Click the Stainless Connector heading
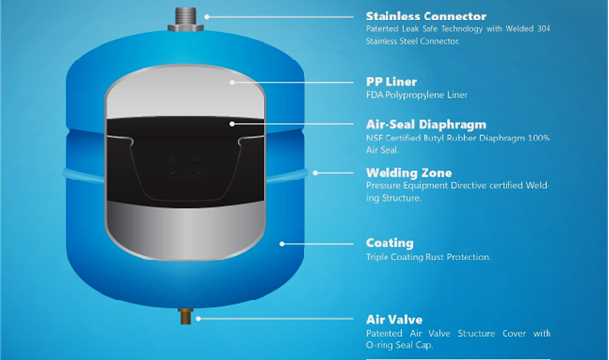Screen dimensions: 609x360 [x=426, y=16]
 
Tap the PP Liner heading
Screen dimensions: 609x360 [x=391, y=82]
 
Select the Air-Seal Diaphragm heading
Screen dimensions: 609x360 [x=426, y=125]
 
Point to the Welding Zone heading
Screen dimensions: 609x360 [x=409, y=173]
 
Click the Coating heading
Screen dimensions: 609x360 [x=389, y=243]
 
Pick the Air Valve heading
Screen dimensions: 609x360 [x=394, y=320]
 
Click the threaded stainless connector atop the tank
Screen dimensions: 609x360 [x=185, y=20]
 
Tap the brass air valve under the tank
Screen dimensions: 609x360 [x=185, y=316]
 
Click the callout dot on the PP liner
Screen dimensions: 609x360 [x=232, y=82]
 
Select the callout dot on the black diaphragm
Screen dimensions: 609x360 [x=232, y=124]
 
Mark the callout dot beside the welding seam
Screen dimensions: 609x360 [x=315, y=173]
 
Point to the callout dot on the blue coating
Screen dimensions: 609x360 [x=282, y=244]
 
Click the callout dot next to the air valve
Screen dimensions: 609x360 [x=198, y=319]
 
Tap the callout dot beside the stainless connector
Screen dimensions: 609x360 [x=207, y=17]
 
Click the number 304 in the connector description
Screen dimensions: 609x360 [x=544, y=29]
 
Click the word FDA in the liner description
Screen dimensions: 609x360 [x=375, y=95]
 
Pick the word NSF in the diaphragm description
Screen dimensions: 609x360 [x=374, y=138]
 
